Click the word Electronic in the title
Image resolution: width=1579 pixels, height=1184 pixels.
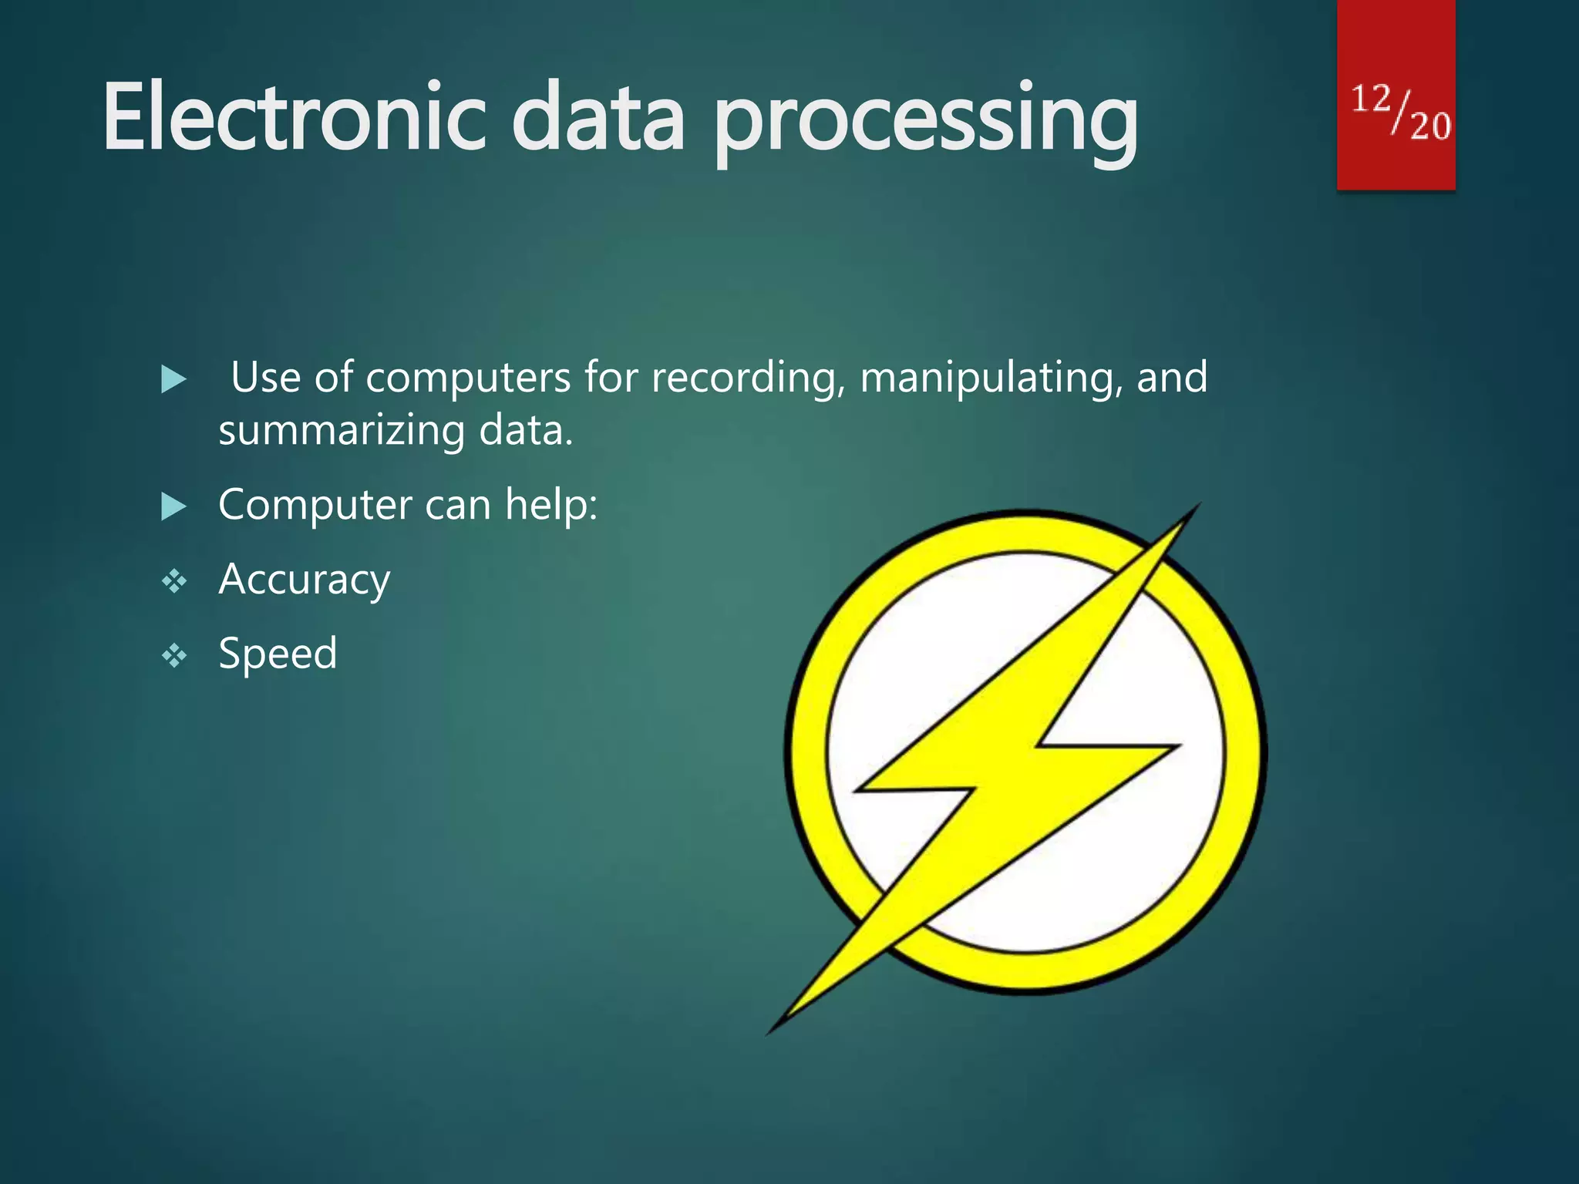coord(293,118)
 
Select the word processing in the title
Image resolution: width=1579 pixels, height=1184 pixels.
coord(925,123)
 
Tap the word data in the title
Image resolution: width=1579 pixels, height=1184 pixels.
coord(598,118)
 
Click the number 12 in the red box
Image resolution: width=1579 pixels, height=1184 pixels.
coord(1371,99)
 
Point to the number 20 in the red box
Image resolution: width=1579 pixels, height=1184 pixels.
coord(1430,126)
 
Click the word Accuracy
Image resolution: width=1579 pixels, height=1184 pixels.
coord(304,580)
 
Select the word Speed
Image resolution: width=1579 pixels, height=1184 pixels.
coord(278,654)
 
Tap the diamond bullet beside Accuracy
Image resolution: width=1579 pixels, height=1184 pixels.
coord(174,581)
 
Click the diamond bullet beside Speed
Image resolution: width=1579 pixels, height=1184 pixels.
coord(174,656)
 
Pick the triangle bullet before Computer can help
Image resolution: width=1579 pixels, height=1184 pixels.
coord(173,506)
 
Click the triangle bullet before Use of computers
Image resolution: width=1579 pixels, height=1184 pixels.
coord(173,379)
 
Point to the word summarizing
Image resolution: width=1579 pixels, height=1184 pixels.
coord(342,430)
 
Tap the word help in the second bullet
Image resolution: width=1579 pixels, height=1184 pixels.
coord(551,505)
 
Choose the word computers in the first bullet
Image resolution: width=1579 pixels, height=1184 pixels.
coord(468,378)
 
